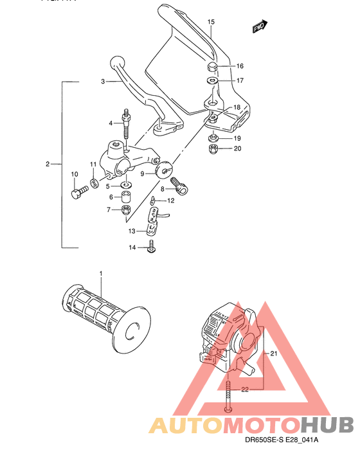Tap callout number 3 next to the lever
102,82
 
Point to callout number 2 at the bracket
48,165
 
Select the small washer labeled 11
95,185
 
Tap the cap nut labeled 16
213,67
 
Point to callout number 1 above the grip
101,274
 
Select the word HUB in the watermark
327,425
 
